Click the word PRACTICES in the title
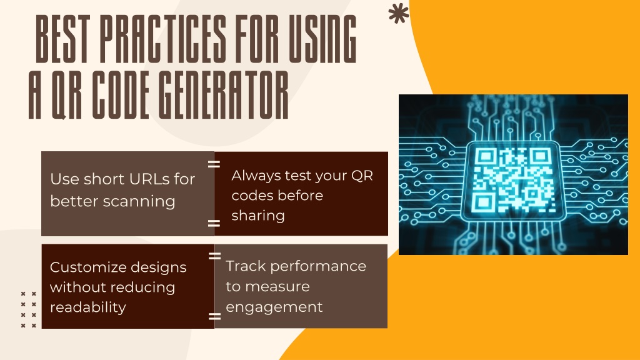(163, 39)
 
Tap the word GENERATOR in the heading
(223, 95)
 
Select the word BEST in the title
(62, 39)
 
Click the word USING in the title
(322, 39)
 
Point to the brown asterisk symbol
(398, 14)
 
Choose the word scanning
(139, 202)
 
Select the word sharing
(258, 216)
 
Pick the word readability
(87, 307)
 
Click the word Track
(246, 266)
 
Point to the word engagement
(274, 307)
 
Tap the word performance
(318, 266)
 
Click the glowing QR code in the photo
(513, 180)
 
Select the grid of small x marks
(29, 309)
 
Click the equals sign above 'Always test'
(214, 164)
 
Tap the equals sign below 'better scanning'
(214, 223)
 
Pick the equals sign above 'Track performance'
(214, 256)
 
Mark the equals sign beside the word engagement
(214, 316)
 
